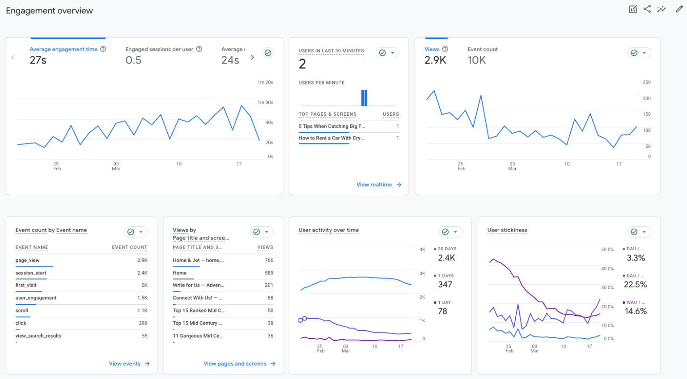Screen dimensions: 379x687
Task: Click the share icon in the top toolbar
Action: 647,9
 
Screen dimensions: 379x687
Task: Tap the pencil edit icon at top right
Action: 679,9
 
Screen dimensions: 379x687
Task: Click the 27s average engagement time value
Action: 38,60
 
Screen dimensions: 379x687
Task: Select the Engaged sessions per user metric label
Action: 159,49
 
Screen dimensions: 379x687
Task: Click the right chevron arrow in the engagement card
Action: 252,57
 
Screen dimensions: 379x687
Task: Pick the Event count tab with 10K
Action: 482,55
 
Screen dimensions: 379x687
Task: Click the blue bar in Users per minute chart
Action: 364,98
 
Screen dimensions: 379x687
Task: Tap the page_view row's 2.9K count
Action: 142,260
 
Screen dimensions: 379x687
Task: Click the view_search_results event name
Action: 38,336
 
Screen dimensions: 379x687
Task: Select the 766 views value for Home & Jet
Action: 269,260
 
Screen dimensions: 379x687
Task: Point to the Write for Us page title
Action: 198,285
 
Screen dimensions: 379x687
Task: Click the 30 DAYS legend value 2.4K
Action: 446,258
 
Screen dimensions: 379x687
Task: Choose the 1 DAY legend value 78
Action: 442,311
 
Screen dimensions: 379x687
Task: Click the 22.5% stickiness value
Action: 635,285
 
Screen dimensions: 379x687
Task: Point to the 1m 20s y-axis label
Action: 265,82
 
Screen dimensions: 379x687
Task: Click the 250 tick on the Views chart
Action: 646,82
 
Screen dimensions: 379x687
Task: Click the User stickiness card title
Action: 507,230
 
